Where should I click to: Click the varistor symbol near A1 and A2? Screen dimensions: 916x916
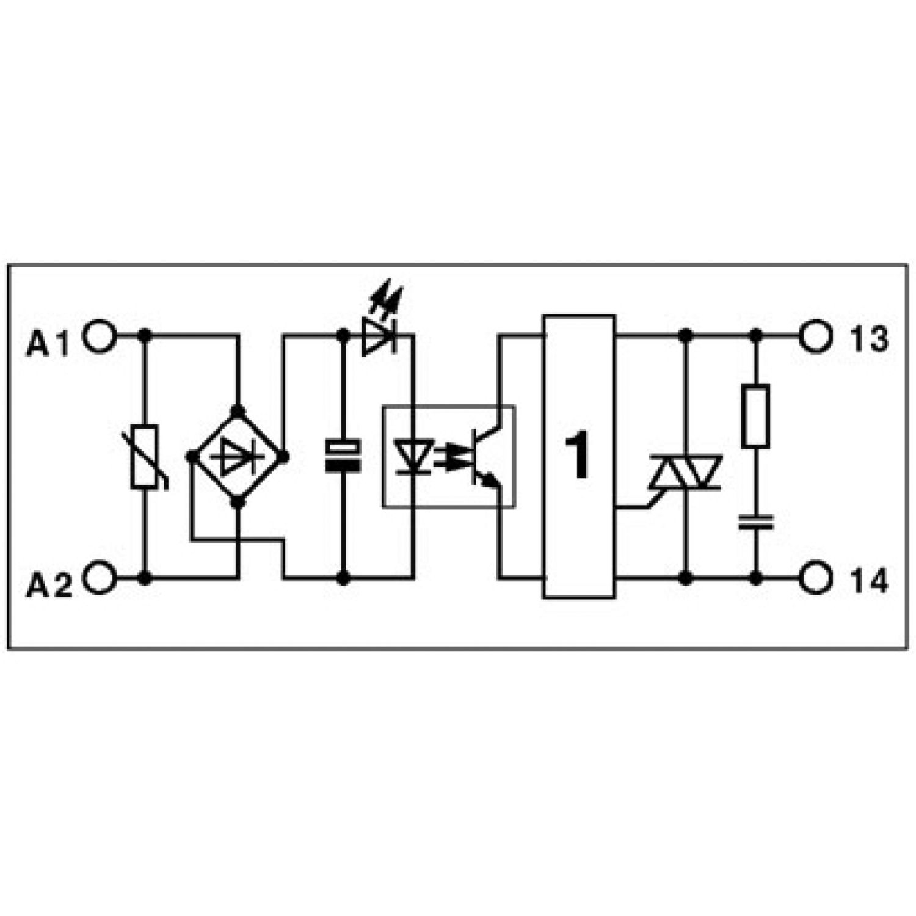click(x=147, y=456)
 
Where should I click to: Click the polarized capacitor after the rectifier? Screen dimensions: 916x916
click(x=343, y=456)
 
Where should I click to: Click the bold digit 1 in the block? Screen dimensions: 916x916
click(x=578, y=456)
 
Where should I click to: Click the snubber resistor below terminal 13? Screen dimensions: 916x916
click(x=756, y=416)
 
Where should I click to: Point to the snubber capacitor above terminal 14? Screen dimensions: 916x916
click(x=756, y=522)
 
